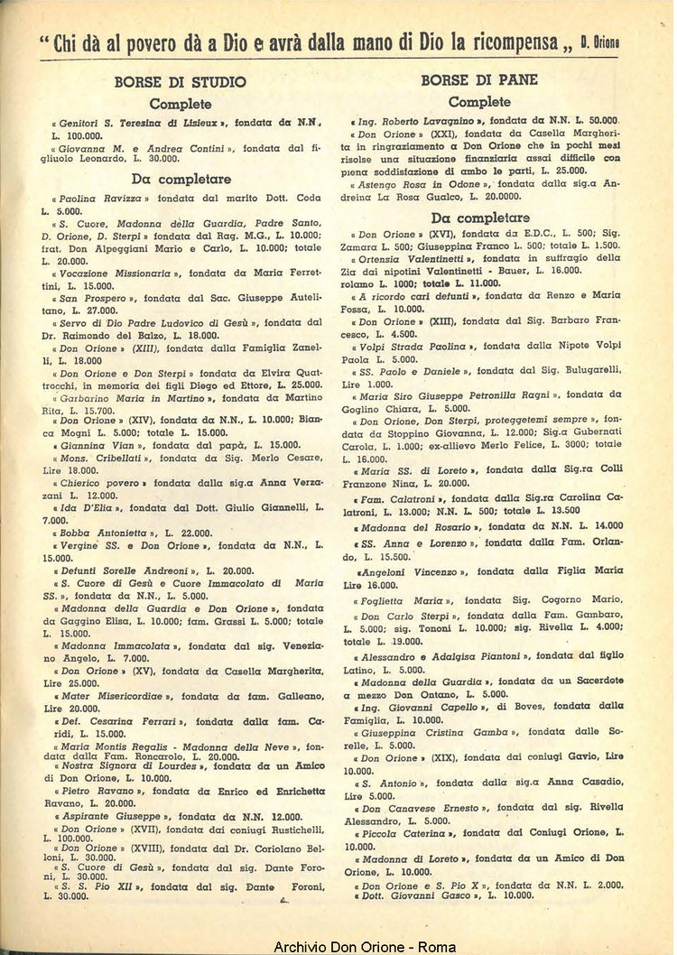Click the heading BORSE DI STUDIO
click(x=181, y=82)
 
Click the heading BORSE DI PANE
click(x=479, y=80)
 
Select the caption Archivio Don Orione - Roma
click(x=365, y=946)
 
